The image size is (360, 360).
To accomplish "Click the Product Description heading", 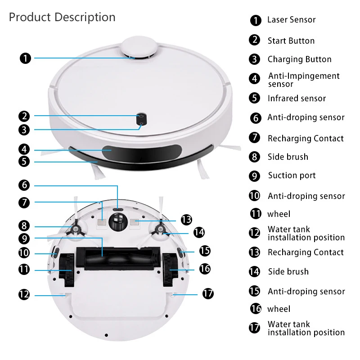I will (62, 17).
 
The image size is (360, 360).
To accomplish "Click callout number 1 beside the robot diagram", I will (25, 58).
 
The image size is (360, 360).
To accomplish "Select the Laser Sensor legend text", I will (291, 20).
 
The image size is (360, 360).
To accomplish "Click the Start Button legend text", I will (291, 41).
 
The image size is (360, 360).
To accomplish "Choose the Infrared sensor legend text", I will (297, 99).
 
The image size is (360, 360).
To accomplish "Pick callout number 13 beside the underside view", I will (186, 220).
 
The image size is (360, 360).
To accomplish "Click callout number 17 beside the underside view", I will (207, 294).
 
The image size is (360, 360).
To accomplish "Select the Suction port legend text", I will (292, 175).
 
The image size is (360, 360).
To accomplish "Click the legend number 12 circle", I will (255, 233).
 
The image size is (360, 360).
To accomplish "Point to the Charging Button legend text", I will (299, 59).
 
